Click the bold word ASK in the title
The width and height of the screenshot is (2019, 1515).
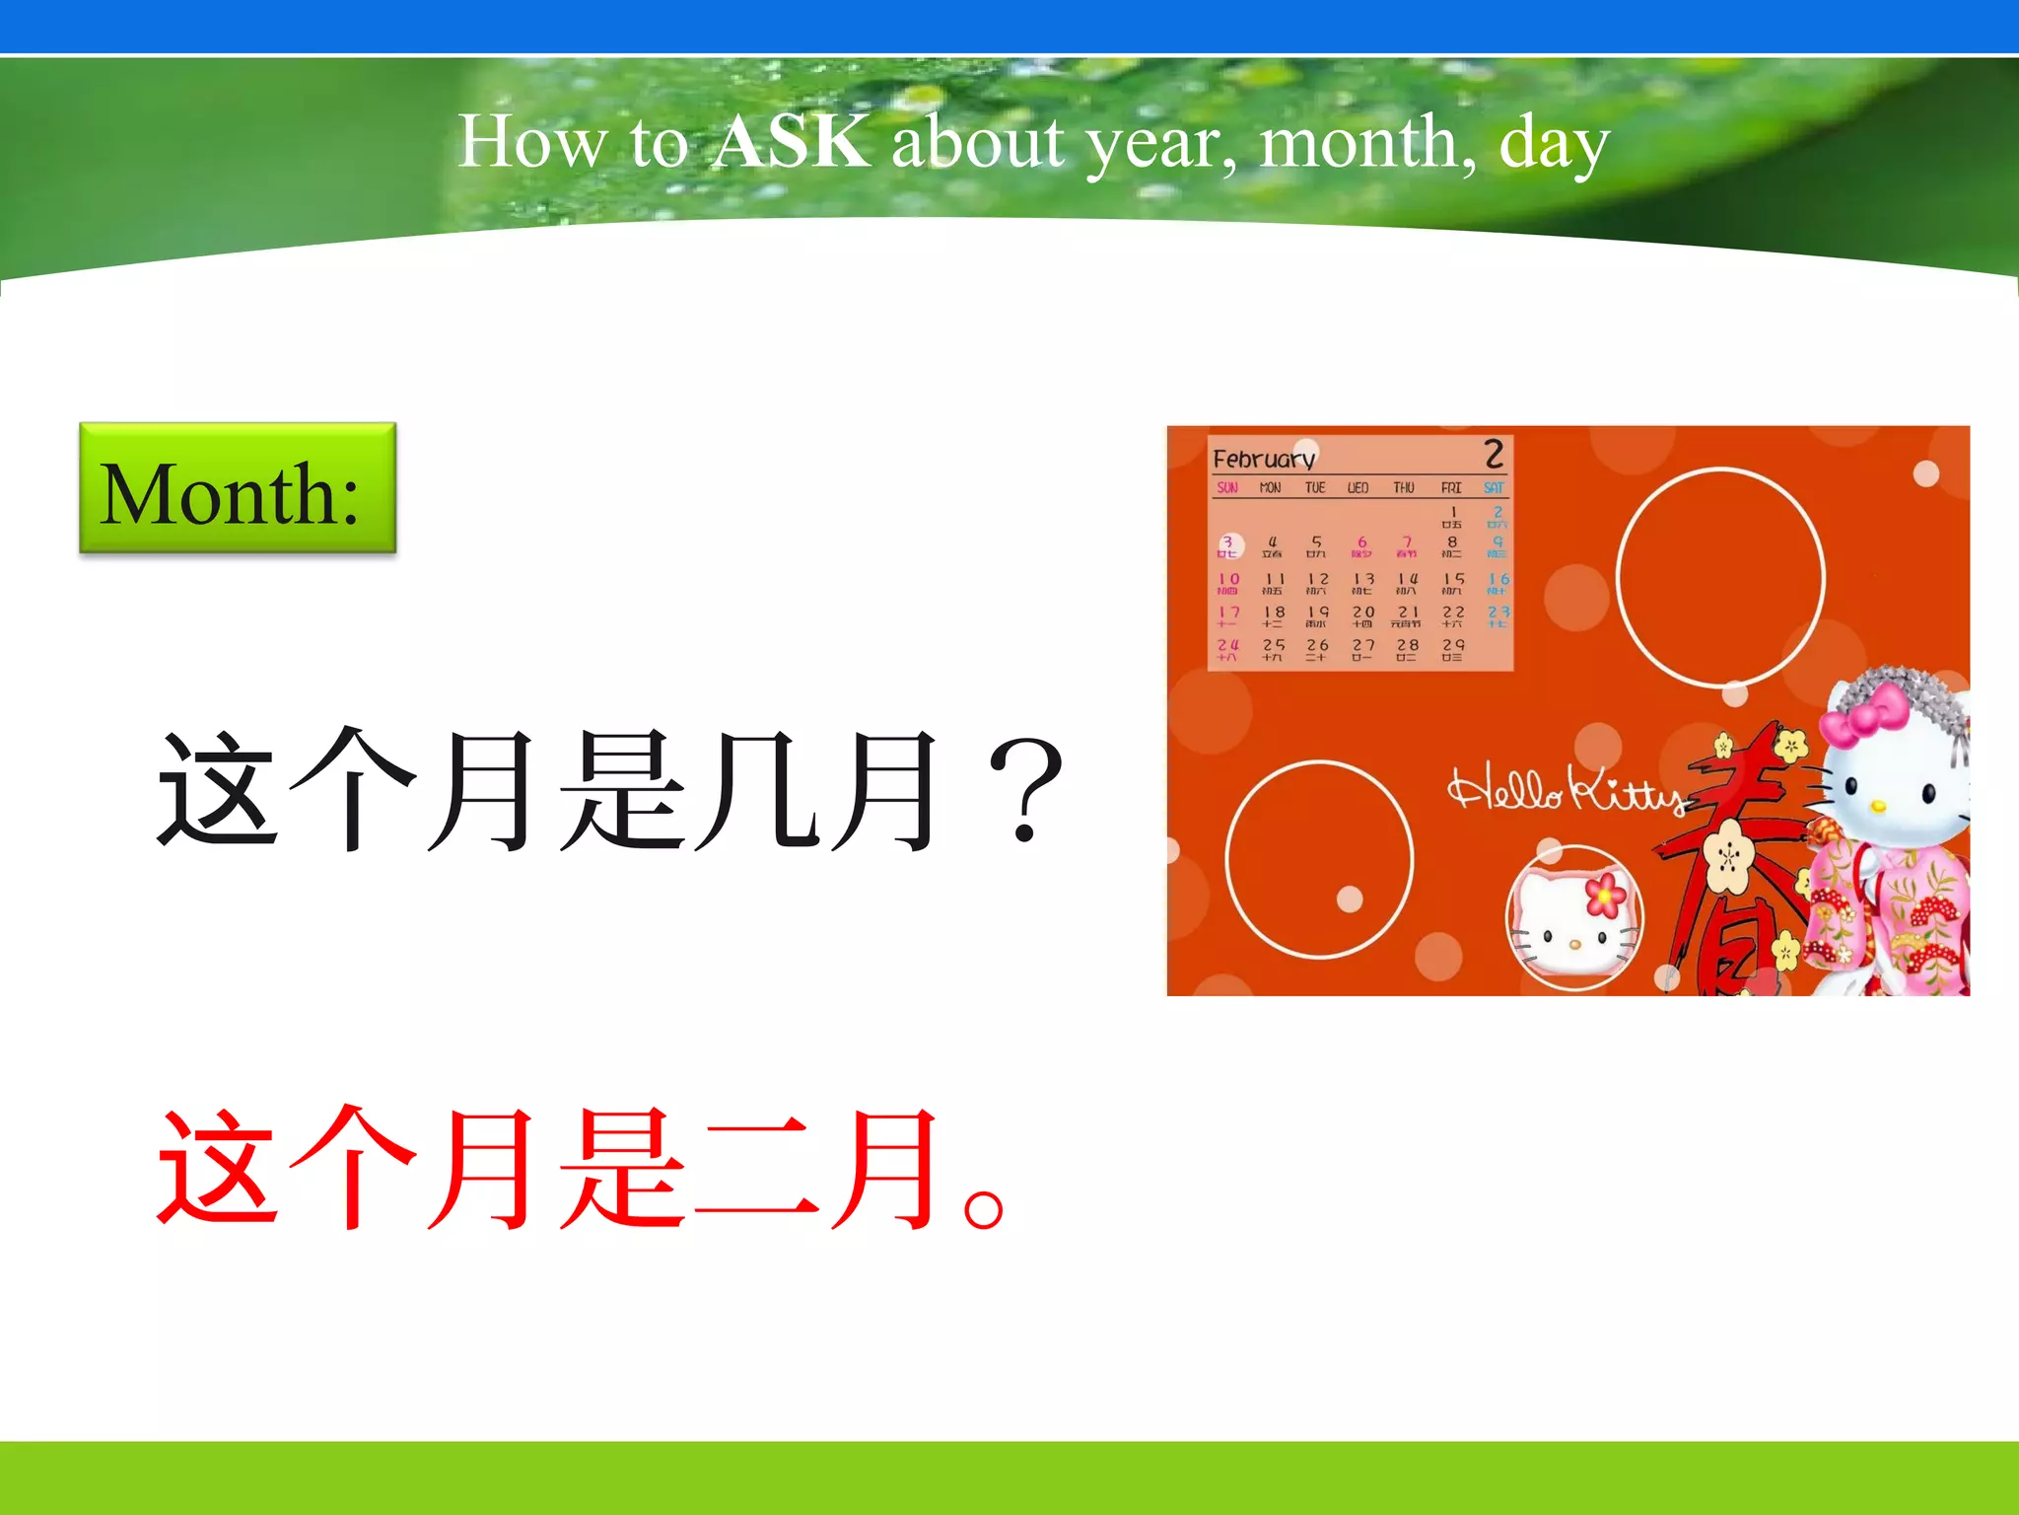[x=792, y=141]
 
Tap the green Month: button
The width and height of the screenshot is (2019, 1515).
[x=238, y=489]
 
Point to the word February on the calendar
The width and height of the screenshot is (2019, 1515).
[x=1264, y=460]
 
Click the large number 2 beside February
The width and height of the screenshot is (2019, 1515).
[x=1494, y=455]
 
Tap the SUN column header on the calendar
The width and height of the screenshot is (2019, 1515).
[x=1227, y=488]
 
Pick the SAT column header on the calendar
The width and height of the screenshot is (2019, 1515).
[x=1494, y=488]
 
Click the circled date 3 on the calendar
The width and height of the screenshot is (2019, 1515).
[x=1228, y=544]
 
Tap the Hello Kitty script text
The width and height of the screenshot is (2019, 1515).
[x=1567, y=791]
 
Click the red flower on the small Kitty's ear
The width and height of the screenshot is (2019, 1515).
[x=1605, y=894]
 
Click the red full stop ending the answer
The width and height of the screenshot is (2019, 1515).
[x=984, y=1208]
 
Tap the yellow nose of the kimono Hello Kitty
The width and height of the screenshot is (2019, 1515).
[x=1878, y=806]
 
